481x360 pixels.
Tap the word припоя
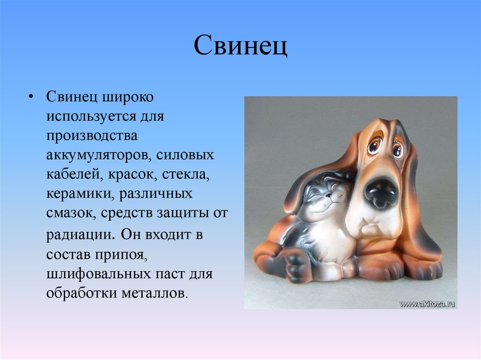click(124, 254)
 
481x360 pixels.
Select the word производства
click(92, 136)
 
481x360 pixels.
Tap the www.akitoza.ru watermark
click(427, 304)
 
